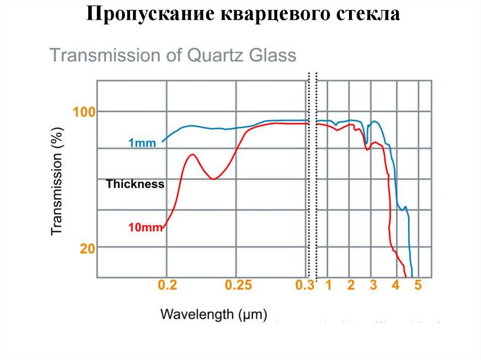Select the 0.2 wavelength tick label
(x=167, y=285)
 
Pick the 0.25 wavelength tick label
(x=238, y=285)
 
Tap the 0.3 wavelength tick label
(x=305, y=285)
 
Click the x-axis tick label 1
(x=328, y=285)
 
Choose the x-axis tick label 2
(x=351, y=285)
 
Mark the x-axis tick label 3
(x=373, y=285)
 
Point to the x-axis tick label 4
(x=396, y=285)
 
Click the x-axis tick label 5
(x=418, y=285)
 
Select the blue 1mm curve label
(x=141, y=143)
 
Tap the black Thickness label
(x=135, y=184)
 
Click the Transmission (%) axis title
(x=57, y=181)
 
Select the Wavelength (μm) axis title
(x=214, y=313)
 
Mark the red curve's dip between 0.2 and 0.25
(x=213, y=179)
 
